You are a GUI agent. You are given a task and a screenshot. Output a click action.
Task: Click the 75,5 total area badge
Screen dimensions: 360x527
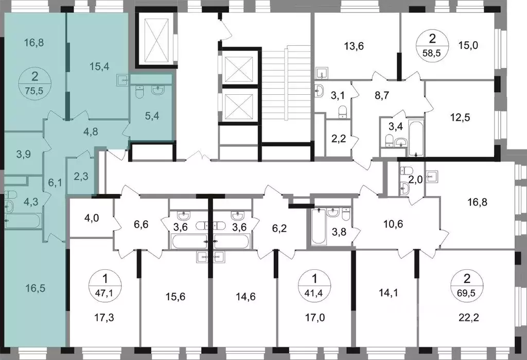[x=34, y=83]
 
